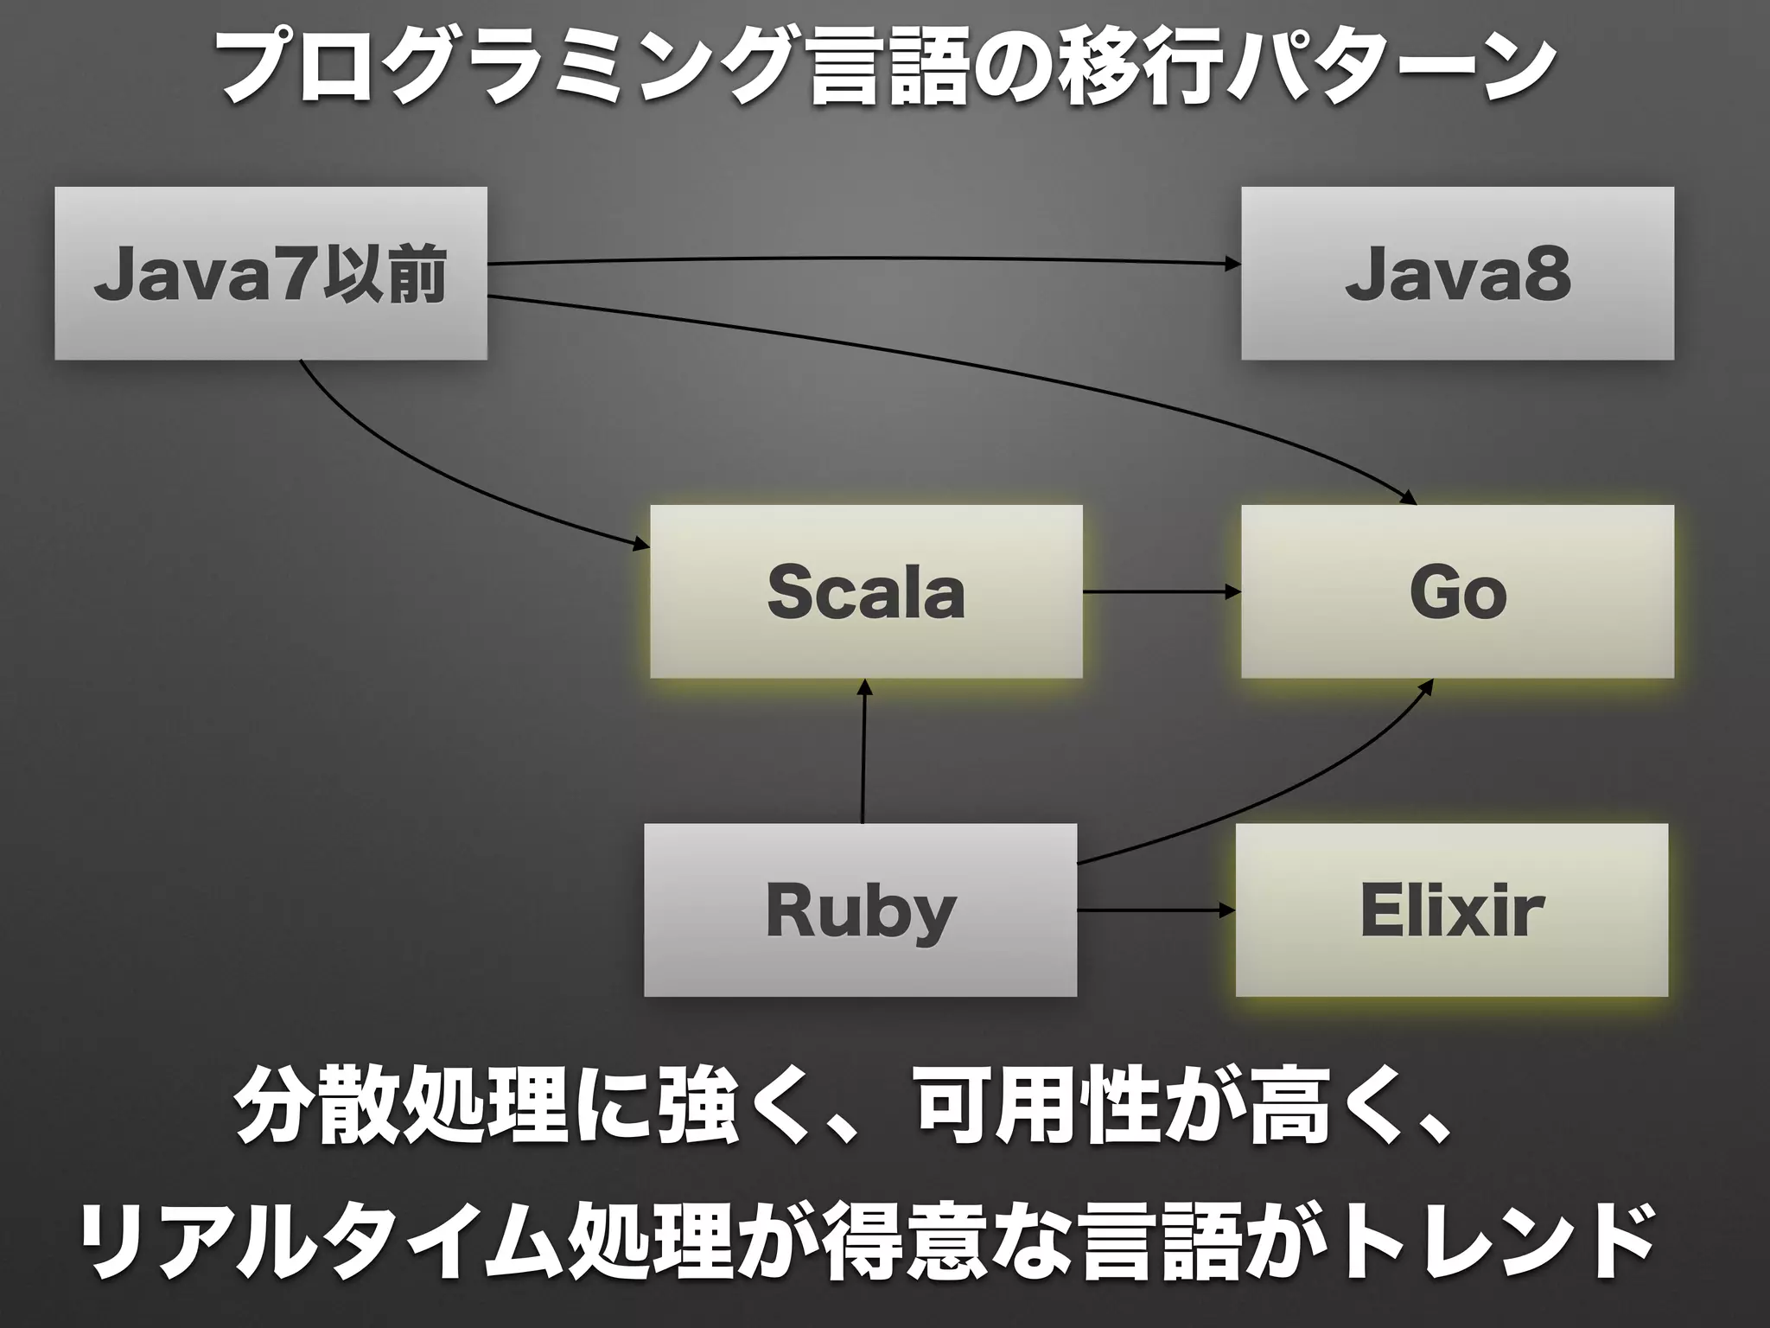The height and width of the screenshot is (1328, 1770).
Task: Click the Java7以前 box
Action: pyautogui.click(x=271, y=273)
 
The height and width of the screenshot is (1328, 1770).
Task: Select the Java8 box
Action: pyautogui.click(x=1457, y=273)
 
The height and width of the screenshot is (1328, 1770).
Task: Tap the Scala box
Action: pyautogui.click(x=866, y=591)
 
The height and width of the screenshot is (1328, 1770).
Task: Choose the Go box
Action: pyautogui.click(x=1457, y=591)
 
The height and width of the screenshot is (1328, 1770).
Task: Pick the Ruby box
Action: pyautogui.click(x=860, y=910)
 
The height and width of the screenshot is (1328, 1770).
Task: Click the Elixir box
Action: pyautogui.click(x=1451, y=910)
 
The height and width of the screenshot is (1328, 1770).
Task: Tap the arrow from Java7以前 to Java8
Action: pyautogui.click(x=864, y=258)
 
